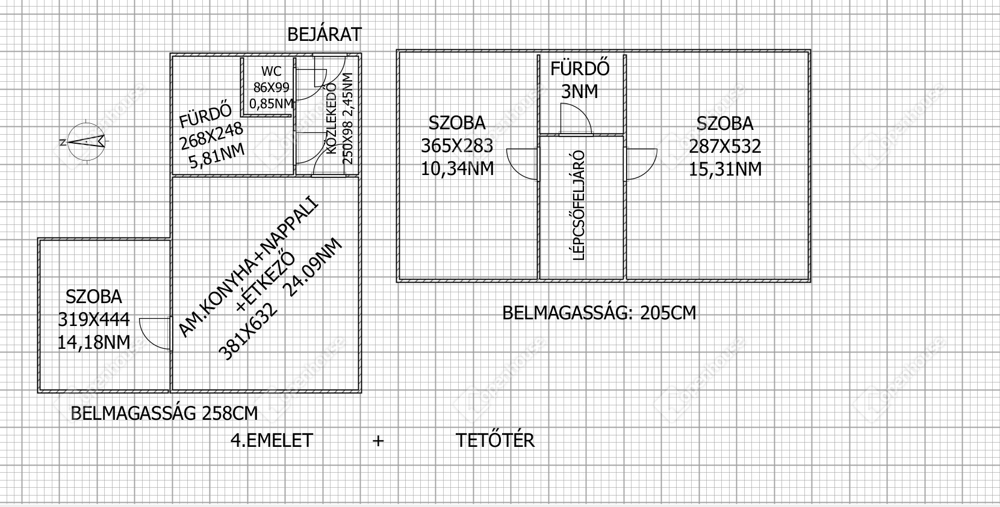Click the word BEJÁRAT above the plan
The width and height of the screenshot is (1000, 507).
(x=324, y=35)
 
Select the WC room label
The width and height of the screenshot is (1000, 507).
(x=272, y=71)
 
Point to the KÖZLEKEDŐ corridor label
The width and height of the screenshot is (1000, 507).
(x=332, y=118)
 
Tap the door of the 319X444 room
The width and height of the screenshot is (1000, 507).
(x=155, y=334)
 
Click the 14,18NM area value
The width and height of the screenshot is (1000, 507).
(x=94, y=342)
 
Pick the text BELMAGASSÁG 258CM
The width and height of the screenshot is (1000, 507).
(x=164, y=413)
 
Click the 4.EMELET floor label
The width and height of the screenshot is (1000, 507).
(x=272, y=441)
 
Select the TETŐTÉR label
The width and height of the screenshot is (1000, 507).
(x=495, y=441)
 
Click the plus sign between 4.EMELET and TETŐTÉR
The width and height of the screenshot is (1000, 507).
(x=378, y=441)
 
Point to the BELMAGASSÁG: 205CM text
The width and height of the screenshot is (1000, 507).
(x=599, y=313)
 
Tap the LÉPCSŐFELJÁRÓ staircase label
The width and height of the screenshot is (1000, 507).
(x=578, y=206)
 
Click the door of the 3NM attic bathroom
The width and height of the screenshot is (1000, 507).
(x=576, y=118)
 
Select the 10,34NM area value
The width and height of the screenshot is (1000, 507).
(x=458, y=169)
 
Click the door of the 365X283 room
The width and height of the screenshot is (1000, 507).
(x=523, y=164)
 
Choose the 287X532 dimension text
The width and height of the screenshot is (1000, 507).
(x=725, y=146)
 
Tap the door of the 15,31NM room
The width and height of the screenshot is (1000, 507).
(x=641, y=164)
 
